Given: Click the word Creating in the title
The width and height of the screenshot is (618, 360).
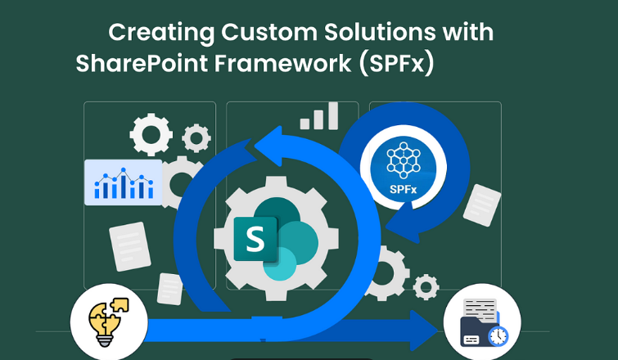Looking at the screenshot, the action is coord(161,32).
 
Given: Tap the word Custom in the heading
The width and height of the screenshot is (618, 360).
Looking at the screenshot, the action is coord(269,32).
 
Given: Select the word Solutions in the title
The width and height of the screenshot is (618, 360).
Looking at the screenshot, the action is coord(380,32).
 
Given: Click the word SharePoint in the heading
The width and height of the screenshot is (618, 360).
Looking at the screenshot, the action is coord(142,63).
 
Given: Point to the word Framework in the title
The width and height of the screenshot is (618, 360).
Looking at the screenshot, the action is coord(283,63).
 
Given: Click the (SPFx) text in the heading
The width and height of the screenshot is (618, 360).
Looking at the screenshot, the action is coord(396,64).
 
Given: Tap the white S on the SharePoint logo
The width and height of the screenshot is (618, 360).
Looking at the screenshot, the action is coord(255,240).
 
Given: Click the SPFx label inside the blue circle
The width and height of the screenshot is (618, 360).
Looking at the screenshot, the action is coord(404,190).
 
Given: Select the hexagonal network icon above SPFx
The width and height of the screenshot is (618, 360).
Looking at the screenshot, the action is coord(404,160).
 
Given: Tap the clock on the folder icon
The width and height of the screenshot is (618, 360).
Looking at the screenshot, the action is coord(498,336).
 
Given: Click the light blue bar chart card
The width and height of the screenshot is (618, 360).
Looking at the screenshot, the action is coord(124,182).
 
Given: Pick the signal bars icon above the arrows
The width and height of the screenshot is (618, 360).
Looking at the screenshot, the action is coord(319,116).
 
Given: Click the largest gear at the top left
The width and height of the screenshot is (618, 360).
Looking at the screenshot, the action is coord(151,134).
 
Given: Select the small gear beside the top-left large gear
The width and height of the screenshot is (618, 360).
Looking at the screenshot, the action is coord(196,138).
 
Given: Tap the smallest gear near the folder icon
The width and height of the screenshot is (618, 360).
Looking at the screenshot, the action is coord(426,287).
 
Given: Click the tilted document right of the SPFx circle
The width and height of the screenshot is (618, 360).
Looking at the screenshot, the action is coord(482,205).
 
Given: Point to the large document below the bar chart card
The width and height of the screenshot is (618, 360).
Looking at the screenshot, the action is coord(130,246).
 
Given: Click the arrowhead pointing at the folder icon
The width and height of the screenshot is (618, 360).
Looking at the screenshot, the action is coord(424,331).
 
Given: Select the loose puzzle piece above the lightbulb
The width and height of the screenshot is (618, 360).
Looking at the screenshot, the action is coord(119,304).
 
